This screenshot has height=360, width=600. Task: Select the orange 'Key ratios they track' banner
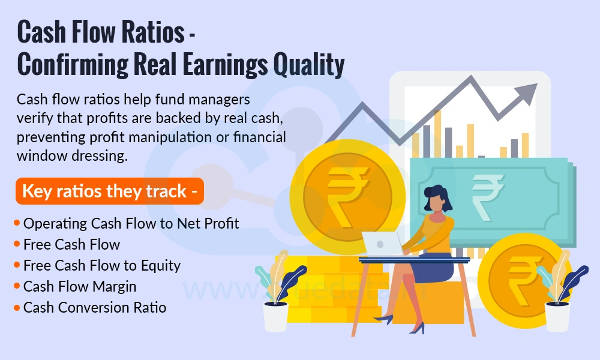109,191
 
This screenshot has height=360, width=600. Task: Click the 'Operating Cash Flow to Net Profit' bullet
131,224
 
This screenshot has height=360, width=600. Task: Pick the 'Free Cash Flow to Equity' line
101,265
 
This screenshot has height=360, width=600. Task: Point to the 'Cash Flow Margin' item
80,286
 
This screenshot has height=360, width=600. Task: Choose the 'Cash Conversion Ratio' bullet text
94,308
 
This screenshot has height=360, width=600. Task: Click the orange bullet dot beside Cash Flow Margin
17,287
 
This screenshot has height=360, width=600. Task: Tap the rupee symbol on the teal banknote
488,193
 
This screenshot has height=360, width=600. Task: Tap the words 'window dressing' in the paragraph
73,155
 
